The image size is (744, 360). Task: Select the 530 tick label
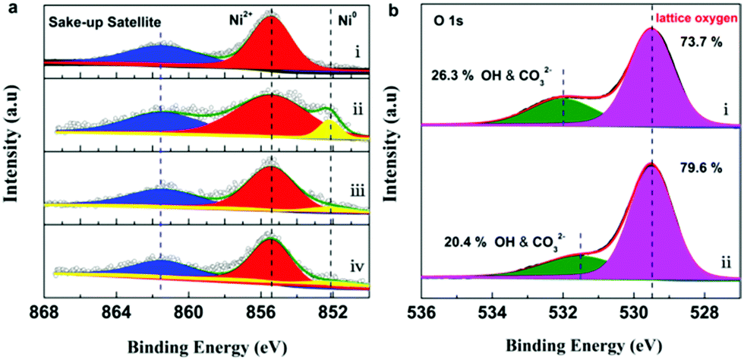pyautogui.click(x=635, y=309)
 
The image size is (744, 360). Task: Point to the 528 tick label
pyautogui.click(x=706, y=309)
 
